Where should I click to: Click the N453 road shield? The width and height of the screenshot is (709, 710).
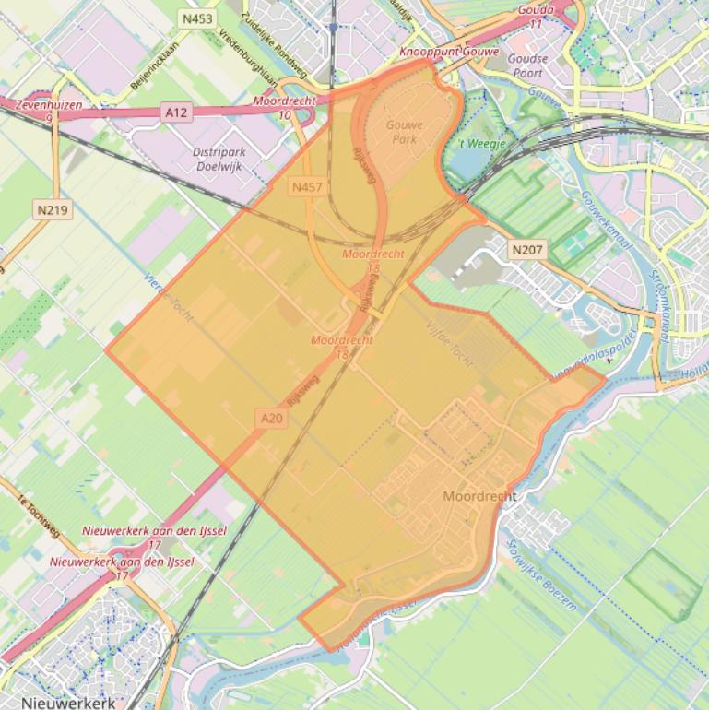tap(196, 18)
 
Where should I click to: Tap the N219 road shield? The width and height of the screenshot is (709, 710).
tap(53, 210)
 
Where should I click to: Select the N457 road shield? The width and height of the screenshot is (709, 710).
tap(306, 187)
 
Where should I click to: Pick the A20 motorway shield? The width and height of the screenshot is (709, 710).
tap(271, 418)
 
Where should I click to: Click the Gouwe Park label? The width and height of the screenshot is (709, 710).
tap(404, 132)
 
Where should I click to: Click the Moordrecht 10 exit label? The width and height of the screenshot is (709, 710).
tap(286, 106)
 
